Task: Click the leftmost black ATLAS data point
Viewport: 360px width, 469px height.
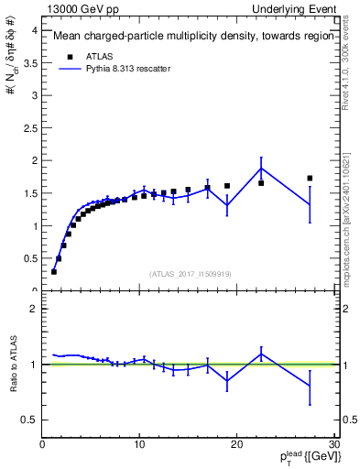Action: coord(54,271)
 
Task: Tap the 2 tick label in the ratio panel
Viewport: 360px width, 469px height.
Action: coord(33,309)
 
